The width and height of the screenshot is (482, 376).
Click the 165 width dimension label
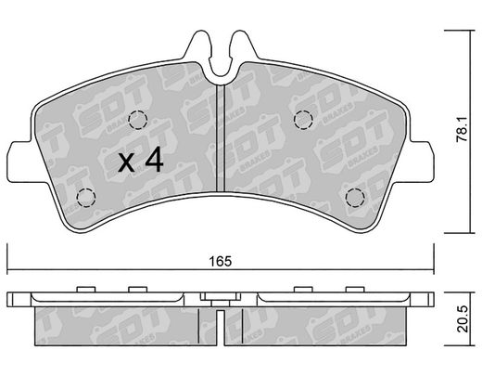point(221,261)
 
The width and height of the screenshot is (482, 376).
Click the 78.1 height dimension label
point(463,130)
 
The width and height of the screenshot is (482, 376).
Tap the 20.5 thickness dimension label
point(463,319)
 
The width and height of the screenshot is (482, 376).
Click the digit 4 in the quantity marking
point(154,160)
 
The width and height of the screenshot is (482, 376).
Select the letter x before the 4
point(126,163)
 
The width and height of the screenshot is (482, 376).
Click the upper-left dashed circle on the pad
point(138,120)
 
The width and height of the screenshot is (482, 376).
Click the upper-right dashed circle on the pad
point(303,120)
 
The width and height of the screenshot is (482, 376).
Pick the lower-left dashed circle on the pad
point(86,198)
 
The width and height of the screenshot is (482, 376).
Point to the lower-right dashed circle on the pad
point(355,198)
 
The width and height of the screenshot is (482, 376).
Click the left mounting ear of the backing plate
point(21,162)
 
